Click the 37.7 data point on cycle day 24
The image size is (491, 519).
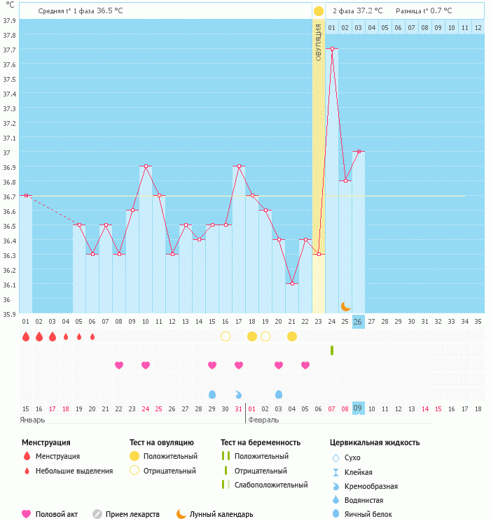click(332, 49)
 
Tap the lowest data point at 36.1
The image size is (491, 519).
click(292, 283)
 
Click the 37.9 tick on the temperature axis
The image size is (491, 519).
click(9, 20)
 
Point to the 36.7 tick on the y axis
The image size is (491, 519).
click(9, 197)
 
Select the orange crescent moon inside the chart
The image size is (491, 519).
click(345, 306)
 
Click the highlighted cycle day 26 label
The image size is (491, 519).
click(358, 322)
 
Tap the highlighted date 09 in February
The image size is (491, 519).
click(358, 408)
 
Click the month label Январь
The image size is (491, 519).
click(32, 420)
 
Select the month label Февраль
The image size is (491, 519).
click(263, 420)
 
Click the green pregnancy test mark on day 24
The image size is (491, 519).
click(332, 350)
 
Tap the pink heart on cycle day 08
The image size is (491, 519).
click(119, 365)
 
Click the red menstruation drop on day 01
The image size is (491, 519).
click(26, 336)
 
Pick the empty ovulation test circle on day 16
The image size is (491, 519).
click(226, 336)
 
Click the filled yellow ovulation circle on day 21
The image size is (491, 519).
click(292, 336)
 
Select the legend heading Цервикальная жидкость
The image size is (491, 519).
click(375, 443)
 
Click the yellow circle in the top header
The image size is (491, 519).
click(319, 11)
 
